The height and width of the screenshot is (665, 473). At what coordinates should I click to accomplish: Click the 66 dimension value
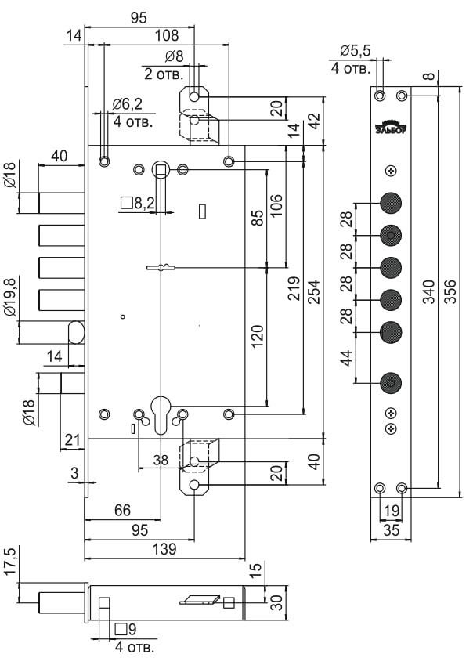(x=122, y=510)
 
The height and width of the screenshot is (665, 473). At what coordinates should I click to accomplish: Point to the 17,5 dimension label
(x=9, y=563)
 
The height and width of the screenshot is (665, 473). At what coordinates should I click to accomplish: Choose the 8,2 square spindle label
(x=139, y=204)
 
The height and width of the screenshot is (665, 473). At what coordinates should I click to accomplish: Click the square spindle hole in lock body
(x=161, y=169)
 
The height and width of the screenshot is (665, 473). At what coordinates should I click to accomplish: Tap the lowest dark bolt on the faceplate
(x=391, y=383)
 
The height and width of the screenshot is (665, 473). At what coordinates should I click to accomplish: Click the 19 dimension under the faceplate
(x=390, y=510)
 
